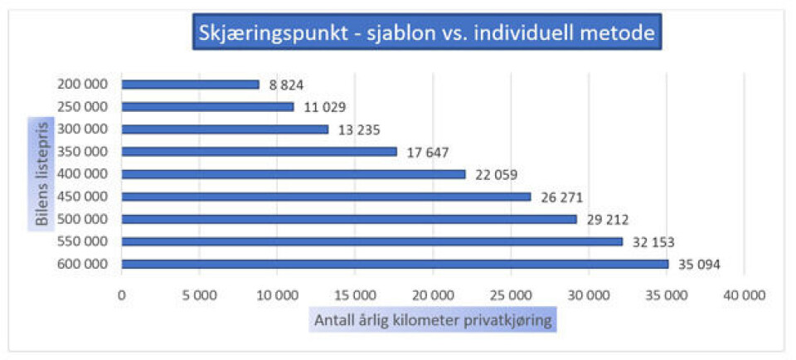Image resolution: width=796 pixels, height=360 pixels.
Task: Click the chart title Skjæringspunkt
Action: tap(425, 34)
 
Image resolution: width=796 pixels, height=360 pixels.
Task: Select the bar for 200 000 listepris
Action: tap(190, 85)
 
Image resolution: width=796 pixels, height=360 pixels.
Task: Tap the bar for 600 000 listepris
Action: tap(395, 265)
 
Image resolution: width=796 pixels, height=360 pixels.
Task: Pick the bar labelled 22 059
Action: tap(294, 174)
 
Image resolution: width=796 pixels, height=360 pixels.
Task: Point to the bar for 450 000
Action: tap(326, 197)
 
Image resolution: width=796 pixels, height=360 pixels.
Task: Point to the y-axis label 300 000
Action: tap(84, 129)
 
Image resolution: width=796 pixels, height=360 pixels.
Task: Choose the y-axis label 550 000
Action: tap(84, 241)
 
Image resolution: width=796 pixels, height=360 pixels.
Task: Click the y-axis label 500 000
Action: tap(84, 219)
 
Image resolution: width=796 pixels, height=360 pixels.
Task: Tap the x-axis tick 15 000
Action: tap(355, 294)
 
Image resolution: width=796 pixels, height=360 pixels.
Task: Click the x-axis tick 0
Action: tap(122, 294)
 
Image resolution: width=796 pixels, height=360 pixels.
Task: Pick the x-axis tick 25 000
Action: tap(511, 294)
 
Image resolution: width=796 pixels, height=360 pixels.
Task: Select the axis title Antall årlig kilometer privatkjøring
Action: tap(433, 321)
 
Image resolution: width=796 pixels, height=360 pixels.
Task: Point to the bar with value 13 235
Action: tap(225, 129)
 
